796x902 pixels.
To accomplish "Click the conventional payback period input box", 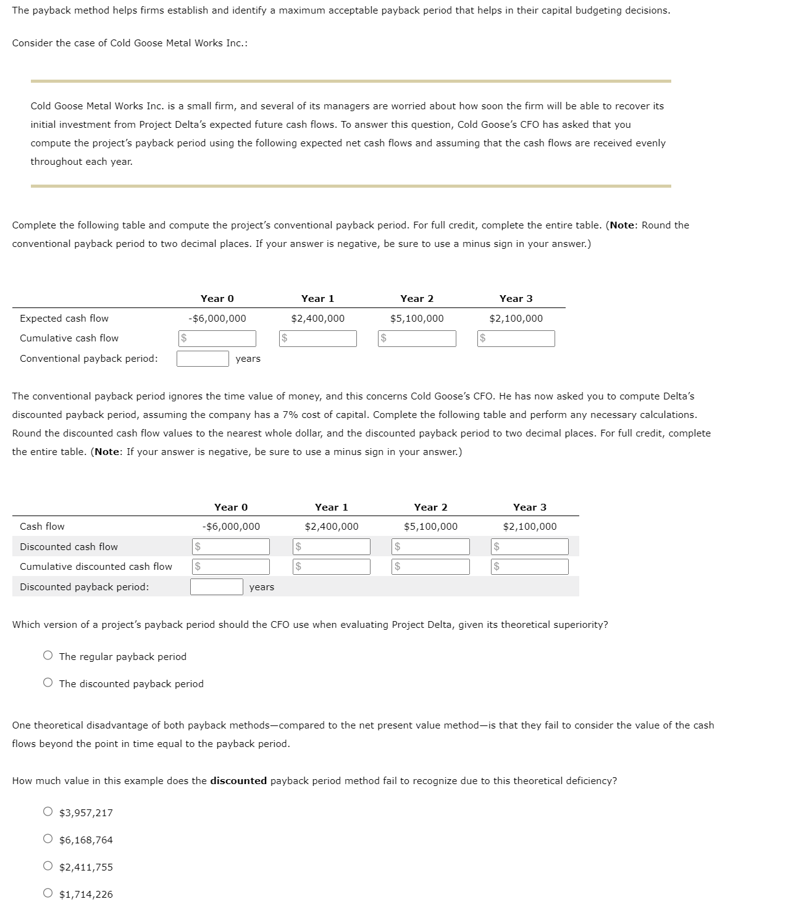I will point(203,359).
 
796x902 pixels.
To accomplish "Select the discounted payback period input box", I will point(216,587).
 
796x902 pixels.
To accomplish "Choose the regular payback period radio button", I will point(48,656).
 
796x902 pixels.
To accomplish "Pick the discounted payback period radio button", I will point(48,683).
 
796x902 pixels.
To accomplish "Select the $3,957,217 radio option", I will point(48,812).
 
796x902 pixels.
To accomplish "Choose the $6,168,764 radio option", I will point(48,839).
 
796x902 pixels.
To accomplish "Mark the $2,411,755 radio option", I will point(48,866).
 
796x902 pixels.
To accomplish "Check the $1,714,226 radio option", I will point(48,893).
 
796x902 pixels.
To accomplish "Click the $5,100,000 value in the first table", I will point(417,319).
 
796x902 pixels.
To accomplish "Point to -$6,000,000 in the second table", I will point(231,527).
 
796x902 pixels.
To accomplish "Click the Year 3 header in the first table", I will point(516,299).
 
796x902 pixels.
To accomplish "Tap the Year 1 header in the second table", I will point(331,507).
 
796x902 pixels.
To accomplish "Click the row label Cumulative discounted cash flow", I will point(96,567).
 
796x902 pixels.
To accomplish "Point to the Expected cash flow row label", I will point(64,319).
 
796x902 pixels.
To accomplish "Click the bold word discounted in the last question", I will point(238,781).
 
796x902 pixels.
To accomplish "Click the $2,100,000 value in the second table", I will point(529,527).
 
